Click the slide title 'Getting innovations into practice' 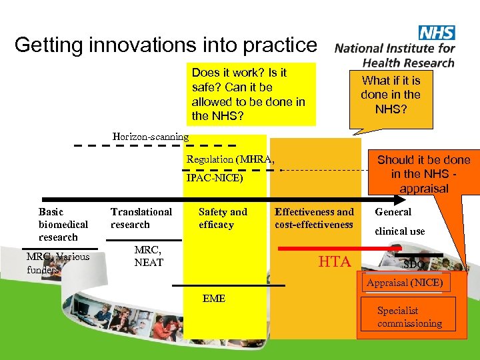click(165, 45)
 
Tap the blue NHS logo click(436, 33)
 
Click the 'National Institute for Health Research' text click(395, 55)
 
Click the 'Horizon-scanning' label click(151, 137)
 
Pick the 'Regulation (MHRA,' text click(230, 159)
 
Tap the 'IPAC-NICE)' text click(215, 179)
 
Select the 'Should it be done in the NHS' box click(423, 173)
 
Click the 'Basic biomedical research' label click(63, 225)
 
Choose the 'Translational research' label click(141, 218)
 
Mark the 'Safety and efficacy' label click(223, 218)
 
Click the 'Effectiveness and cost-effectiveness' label click(314, 218)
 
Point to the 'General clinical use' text click(399, 221)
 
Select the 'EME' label click(213, 299)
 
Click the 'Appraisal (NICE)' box click(403, 283)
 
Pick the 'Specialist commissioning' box click(409, 317)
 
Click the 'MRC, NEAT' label click(148, 256)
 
